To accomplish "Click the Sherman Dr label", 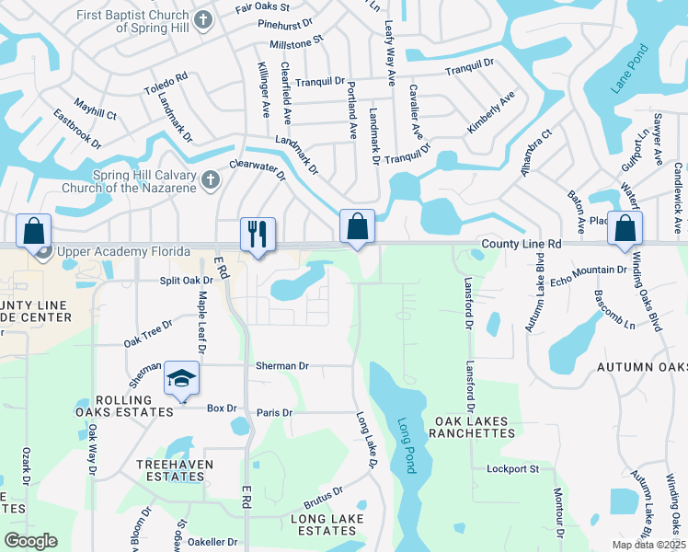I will (x=282, y=365).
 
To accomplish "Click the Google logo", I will (x=30, y=541).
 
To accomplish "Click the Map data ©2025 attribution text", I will (x=648, y=545).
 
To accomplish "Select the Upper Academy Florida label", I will (x=123, y=251).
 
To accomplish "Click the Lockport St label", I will (x=512, y=469).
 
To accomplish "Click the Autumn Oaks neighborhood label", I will (x=641, y=367).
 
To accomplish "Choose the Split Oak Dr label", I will (x=180, y=280).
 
